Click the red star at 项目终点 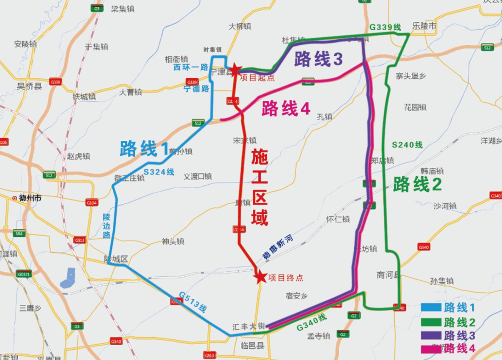[x=260, y=277]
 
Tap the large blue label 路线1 [x=144, y=149]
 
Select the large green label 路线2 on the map [x=417, y=185]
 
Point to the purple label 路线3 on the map [x=318, y=60]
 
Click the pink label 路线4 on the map [x=285, y=109]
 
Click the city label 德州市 [x=30, y=198]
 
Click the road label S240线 [x=407, y=145]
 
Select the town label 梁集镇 [x=123, y=9]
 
